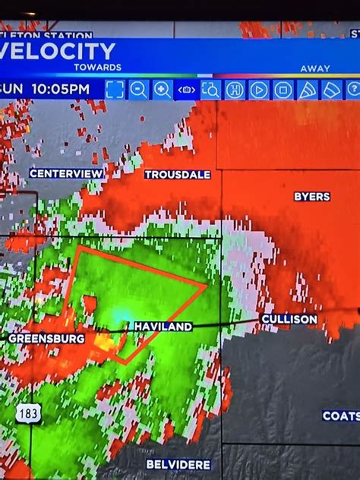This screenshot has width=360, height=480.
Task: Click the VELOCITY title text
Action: point(59,52)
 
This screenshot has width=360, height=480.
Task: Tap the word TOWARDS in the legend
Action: point(97,68)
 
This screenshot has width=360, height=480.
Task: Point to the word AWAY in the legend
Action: point(314,68)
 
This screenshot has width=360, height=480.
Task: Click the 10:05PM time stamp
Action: point(60,89)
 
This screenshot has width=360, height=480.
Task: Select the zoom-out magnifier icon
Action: point(138,90)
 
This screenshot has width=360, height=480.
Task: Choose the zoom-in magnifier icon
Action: point(163,90)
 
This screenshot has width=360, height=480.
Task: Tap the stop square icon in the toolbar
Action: point(283,90)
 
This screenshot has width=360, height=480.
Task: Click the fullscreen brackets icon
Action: point(115,90)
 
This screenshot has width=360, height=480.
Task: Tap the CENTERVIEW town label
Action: point(67,174)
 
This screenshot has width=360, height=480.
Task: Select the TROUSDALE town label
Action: point(178,175)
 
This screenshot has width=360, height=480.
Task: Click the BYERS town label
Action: point(312,197)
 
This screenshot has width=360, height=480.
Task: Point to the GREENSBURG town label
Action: point(46,339)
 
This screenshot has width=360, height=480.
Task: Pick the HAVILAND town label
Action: point(163,327)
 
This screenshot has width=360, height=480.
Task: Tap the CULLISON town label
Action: point(289,320)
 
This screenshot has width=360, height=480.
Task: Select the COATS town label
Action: point(341,416)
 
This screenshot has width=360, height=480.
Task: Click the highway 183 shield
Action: point(28,414)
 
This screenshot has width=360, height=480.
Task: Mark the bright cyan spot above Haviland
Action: point(122,314)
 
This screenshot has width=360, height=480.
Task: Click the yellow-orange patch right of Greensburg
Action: point(104,343)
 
